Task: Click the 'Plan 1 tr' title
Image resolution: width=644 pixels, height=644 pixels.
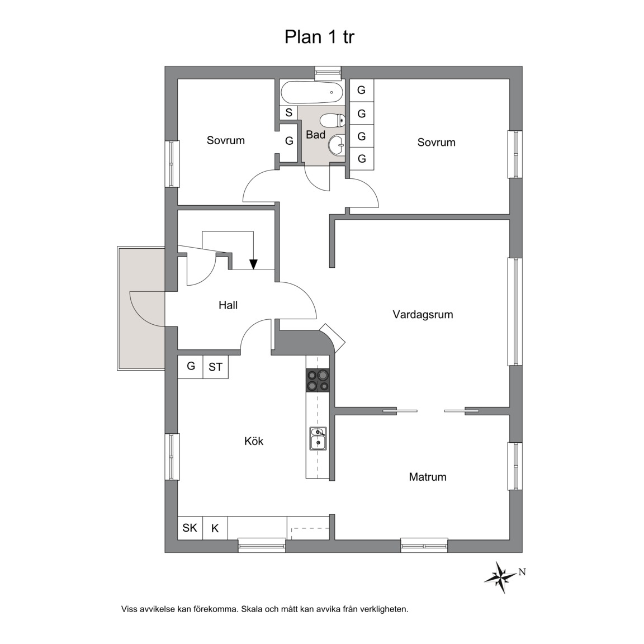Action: click(319, 37)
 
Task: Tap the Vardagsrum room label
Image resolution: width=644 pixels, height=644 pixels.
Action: click(423, 315)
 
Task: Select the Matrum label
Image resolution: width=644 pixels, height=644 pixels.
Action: click(428, 477)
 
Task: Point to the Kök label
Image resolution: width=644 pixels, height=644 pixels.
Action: click(254, 441)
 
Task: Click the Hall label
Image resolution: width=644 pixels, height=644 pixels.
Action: click(228, 305)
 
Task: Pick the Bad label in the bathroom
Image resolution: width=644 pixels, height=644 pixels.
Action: click(315, 135)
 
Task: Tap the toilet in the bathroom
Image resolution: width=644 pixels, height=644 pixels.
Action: click(332, 120)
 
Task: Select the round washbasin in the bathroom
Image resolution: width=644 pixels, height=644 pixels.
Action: click(337, 145)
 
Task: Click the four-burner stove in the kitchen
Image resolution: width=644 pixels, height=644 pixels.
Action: click(318, 380)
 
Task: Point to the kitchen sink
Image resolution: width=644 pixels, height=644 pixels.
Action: click(318, 439)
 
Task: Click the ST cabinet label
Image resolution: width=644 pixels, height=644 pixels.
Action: click(216, 367)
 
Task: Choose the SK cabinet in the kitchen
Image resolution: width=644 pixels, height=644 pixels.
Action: click(190, 528)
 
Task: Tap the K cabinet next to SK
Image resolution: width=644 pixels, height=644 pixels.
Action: click(215, 528)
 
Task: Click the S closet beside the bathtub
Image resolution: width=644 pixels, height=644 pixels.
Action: click(288, 112)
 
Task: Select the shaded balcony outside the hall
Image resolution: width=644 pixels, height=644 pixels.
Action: click(141, 308)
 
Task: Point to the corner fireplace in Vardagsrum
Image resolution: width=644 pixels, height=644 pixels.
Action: click(332, 337)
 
